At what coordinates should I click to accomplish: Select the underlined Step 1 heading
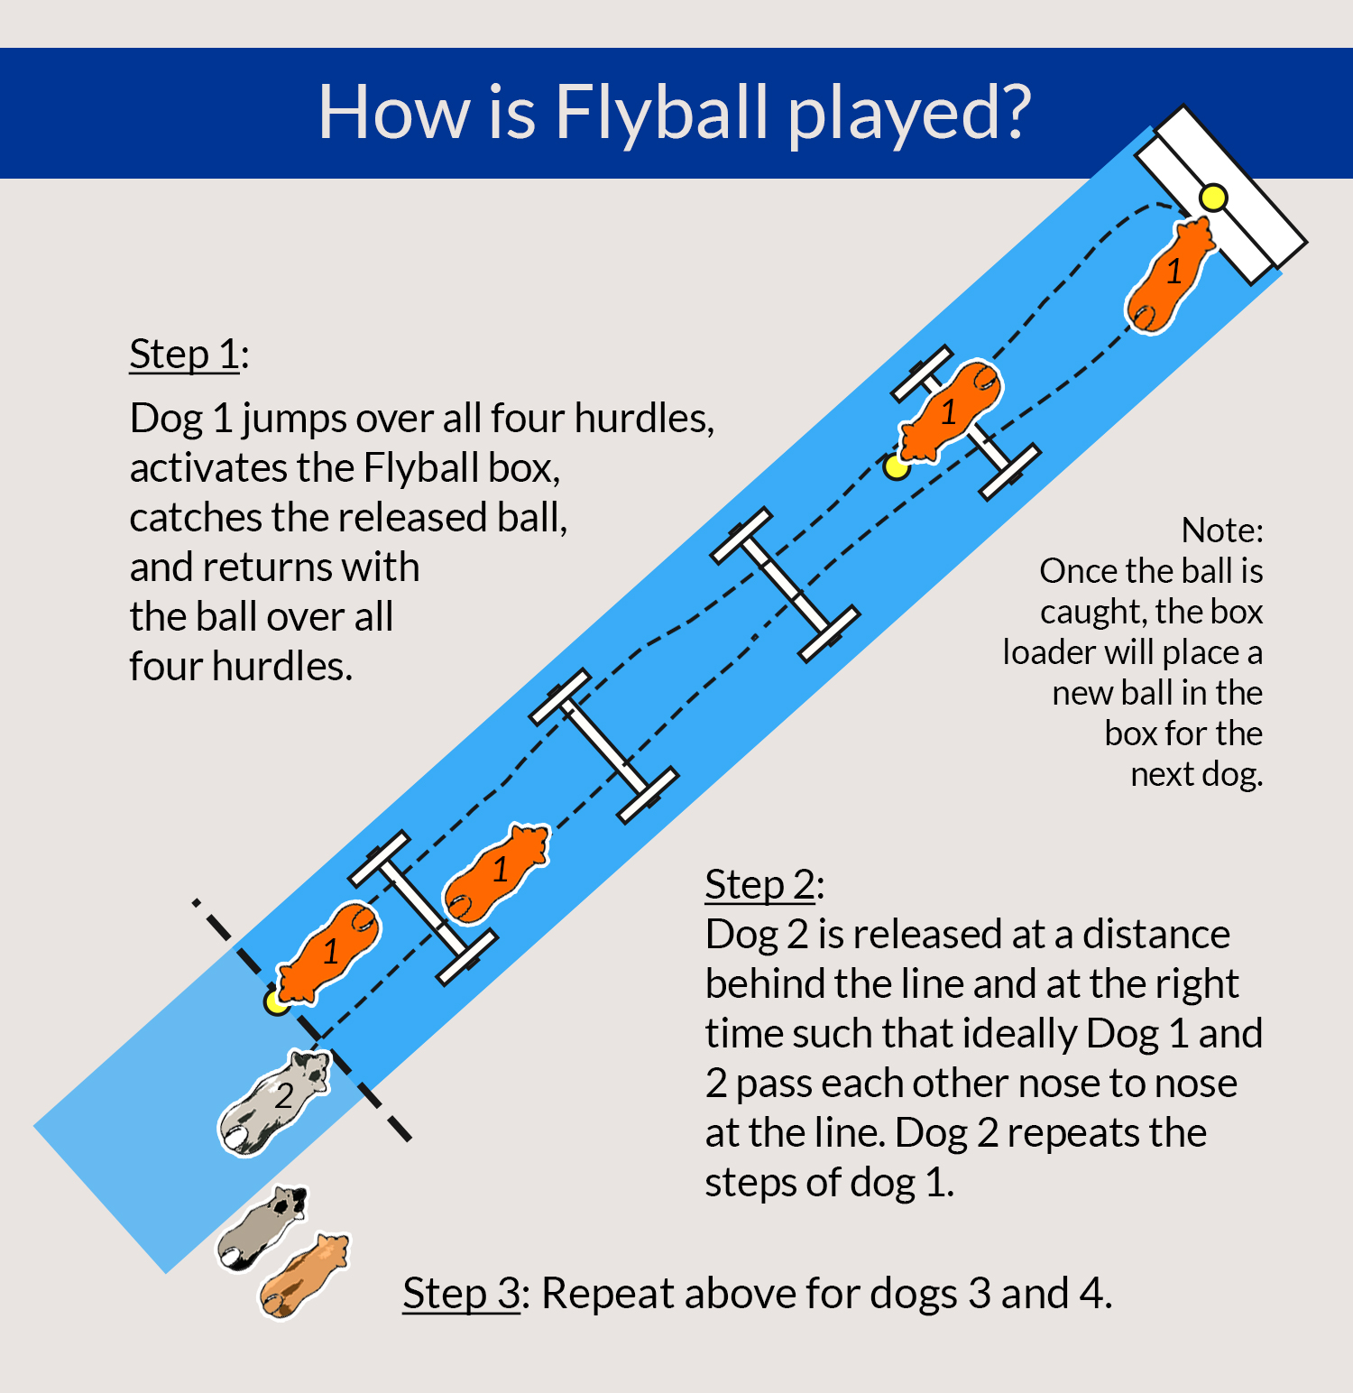click(x=185, y=354)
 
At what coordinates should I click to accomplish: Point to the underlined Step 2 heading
click(x=760, y=884)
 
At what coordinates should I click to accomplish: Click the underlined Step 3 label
click(x=461, y=1293)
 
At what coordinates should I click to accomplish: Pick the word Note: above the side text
click(x=1222, y=530)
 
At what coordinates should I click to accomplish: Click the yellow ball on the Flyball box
click(x=1213, y=198)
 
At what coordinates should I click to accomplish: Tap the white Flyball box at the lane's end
click(x=1221, y=194)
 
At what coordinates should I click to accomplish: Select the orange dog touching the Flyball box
click(x=1170, y=275)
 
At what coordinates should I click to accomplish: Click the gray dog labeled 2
click(x=274, y=1101)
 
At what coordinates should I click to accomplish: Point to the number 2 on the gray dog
click(x=284, y=1095)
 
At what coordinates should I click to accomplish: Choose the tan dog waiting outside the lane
click(x=304, y=1275)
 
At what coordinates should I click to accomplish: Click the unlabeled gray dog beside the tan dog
click(x=262, y=1228)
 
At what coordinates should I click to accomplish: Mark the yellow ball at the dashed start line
click(x=275, y=1001)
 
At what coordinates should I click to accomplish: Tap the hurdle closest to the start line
click(x=422, y=907)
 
